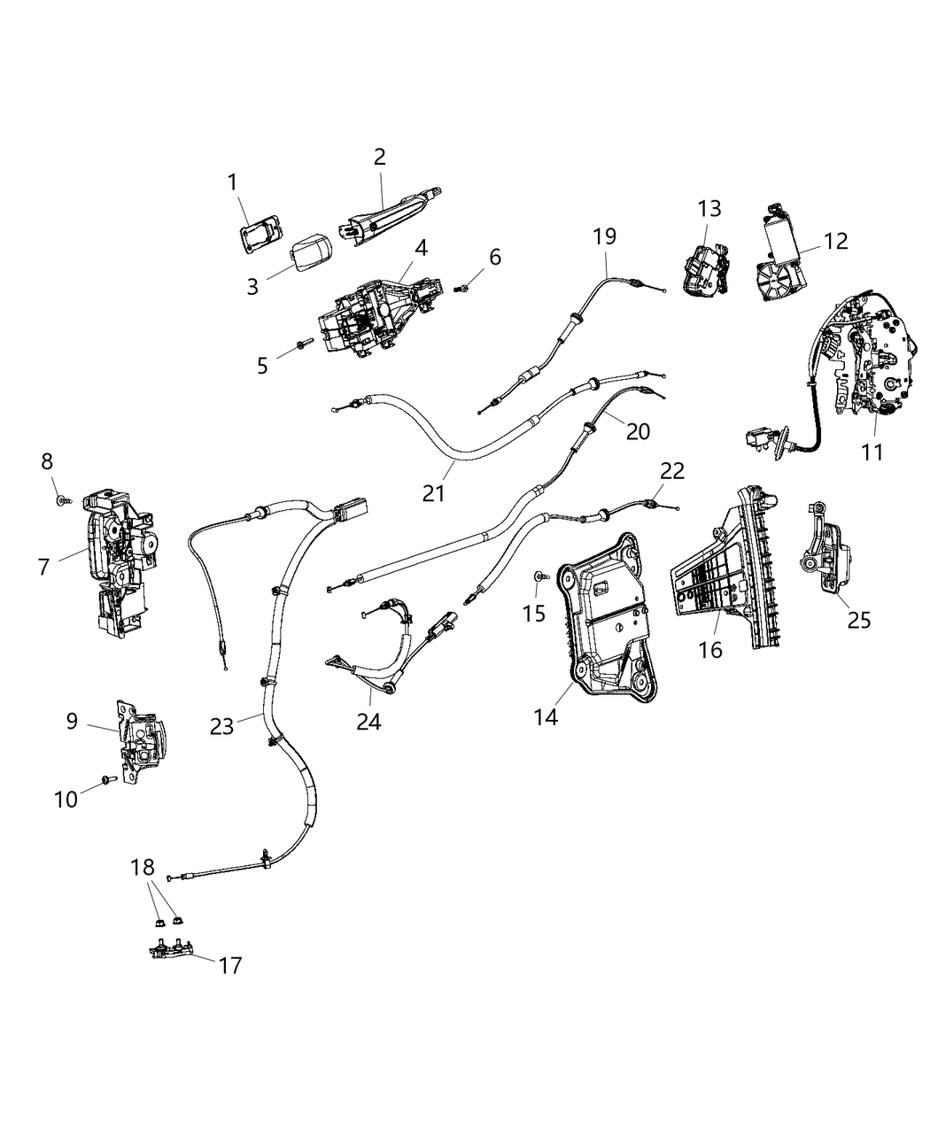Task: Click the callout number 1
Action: (232, 183)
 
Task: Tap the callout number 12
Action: (835, 241)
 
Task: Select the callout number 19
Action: (606, 236)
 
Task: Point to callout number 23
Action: (221, 726)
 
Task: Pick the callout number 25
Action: (858, 620)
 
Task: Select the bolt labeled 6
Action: (464, 287)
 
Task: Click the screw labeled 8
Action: (61, 501)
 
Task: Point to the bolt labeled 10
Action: (107, 779)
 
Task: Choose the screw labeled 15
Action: (541, 576)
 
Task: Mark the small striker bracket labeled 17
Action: (172, 949)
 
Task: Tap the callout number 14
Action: (546, 716)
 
